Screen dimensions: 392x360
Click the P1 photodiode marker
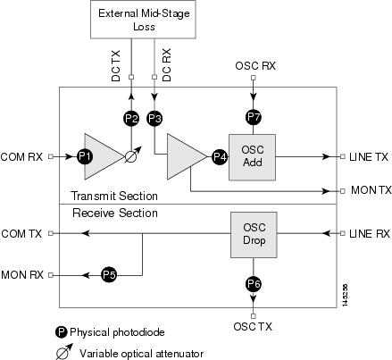pyautogui.click(x=85, y=156)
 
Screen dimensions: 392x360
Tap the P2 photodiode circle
pyautogui.click(x=131, y=118)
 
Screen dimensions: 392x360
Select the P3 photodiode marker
pyautogui.click(x=154, y=118)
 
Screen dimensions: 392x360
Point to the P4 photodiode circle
pyautogui.click(x=220, y=156)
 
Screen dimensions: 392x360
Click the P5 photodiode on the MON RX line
pyautogui.click(x=109, y=275)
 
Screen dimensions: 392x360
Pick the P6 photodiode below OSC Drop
pyautogui.click(x=254, y=284)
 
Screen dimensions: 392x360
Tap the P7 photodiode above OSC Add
pyautogui.click(x=254, y=117)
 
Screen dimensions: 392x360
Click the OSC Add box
pyautogui.click(x=252, y=157)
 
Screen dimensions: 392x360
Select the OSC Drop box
pyautogui.click(x=254, y=235)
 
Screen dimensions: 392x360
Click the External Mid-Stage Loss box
pyautogui.click(x=143, y=20)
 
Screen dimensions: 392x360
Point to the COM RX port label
pyautogui.click(x=21, y=156)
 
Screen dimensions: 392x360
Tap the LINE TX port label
pyautogui.click(x=369, y=156)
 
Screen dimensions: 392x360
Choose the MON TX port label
pyautogui.click(x=371, y=190)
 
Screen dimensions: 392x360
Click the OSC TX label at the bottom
pyautogui.click(x=253, y=326)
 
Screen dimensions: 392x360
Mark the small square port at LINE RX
pyautogui.click(x=343, y=233)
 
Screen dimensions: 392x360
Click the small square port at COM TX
pyautogui.click(x=51, y=233)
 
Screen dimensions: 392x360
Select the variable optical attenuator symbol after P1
pyautogui.click(x=132, y=155)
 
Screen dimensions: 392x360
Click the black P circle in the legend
pyautogui.click(x=62, y=332)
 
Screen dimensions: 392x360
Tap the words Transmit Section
pyautogui.click(x=114, y=196)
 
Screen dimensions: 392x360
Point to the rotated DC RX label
pyautogui.click(x=167, y=65)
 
